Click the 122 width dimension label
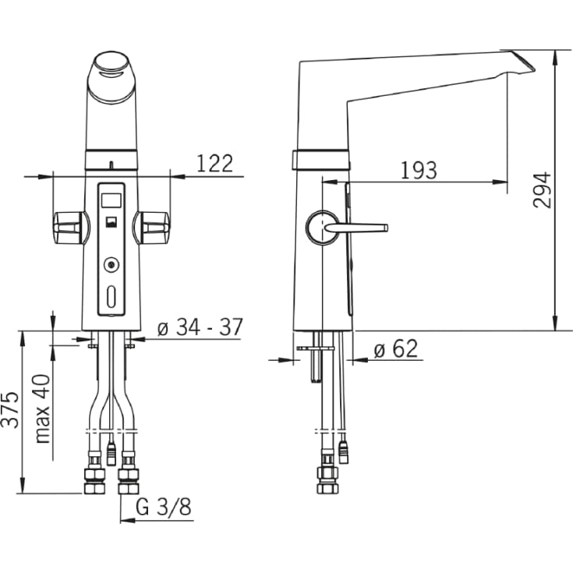(x=214, y=164)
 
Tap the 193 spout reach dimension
(x=419, y=170)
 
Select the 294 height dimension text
(x=542, y=190)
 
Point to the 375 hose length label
(x=10, y=409)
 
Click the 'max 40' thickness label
(x=42, y=409)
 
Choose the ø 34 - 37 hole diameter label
(x=200, y=327)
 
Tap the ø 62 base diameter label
(x=396, y=348)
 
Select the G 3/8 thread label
(x=164, y=507)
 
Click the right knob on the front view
(x=152, y=228)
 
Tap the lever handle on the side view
(x=356, y=228)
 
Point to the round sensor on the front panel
(x=111, y=264)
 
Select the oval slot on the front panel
(x=111, y=297)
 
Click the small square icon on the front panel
(x=111, y=222)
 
